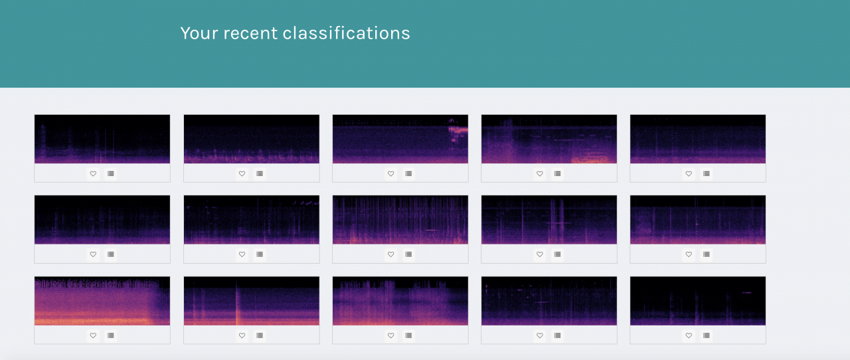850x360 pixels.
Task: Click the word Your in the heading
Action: [199, 33]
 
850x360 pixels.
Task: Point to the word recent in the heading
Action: [251, 33]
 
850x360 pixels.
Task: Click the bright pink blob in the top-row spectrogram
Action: [458, 130]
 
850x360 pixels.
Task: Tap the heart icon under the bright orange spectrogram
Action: [93, 335]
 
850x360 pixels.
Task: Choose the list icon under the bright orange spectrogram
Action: [110, 335]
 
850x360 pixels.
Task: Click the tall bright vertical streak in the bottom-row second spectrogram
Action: [237, 304]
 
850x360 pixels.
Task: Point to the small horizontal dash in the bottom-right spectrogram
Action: [747, 292]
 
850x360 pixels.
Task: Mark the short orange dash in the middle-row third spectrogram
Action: [431, 230]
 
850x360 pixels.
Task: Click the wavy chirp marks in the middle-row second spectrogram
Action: [305, 203]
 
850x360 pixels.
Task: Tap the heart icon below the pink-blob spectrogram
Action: [391, 173]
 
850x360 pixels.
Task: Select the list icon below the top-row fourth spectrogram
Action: [557, 173]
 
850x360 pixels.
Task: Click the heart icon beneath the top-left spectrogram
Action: [93, 173]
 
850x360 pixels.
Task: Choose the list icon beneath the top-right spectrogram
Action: [706, 173]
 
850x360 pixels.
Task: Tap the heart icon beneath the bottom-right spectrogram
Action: [689, 335]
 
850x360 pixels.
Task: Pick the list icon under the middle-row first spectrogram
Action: [110, 254]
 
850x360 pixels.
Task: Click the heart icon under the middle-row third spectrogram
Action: [391, 254]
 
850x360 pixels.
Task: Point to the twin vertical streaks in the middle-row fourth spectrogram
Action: [556, 221]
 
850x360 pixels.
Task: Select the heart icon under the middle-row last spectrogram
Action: [689, 254]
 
